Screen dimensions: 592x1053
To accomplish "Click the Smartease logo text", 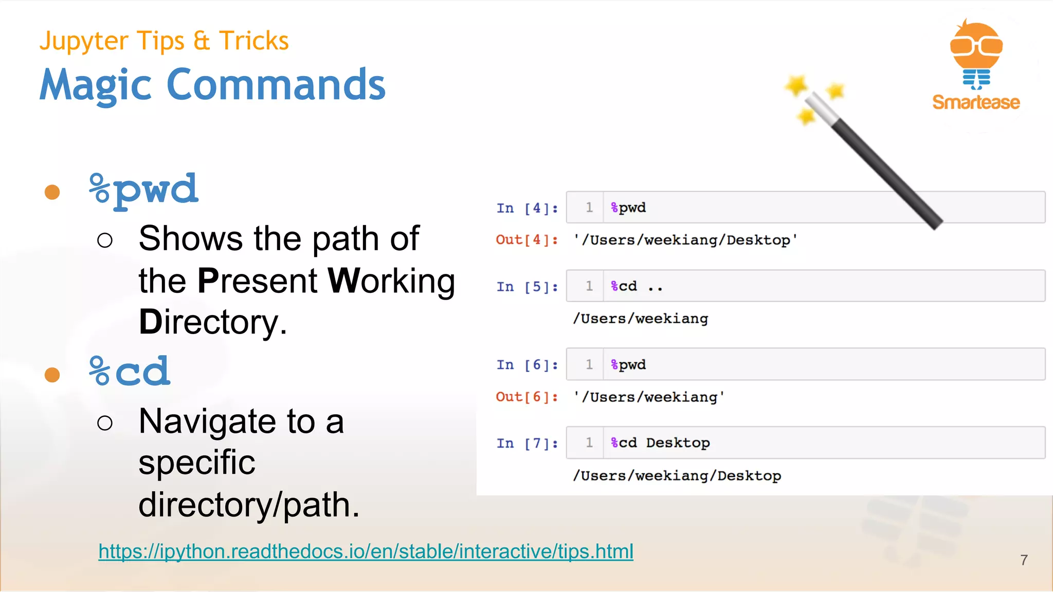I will click(x=976, y=102).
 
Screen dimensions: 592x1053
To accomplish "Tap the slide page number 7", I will click(x=1024, y=560).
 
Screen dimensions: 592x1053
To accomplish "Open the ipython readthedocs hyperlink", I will click(x=366, y=551).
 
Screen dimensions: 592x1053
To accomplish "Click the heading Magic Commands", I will click(x=212, y=85).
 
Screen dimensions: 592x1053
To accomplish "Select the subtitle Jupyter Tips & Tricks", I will click(x=164, y=41).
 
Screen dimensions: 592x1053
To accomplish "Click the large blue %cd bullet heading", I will click(x=129, y=372).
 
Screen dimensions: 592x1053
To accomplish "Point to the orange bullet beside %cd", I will click(x=52, y=375).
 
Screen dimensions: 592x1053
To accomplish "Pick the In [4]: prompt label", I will click(x=527, y=208).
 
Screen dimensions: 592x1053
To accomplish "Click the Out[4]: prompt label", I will click(x=527, y=240).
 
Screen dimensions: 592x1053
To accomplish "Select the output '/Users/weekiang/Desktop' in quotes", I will click(x=685, y=240).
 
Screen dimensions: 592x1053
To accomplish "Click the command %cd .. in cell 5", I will click(x=637, y=286).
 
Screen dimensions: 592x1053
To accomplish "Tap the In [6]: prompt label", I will click(x=527, y=365).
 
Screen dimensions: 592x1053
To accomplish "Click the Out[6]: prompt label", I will click(x=527, y=397).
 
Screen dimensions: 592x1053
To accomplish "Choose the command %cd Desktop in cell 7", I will click(x=660, y=443).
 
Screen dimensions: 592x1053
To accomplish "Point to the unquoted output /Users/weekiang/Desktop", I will click(x=677, y=476).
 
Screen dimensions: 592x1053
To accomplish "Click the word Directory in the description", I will click(x=212, y=323).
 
